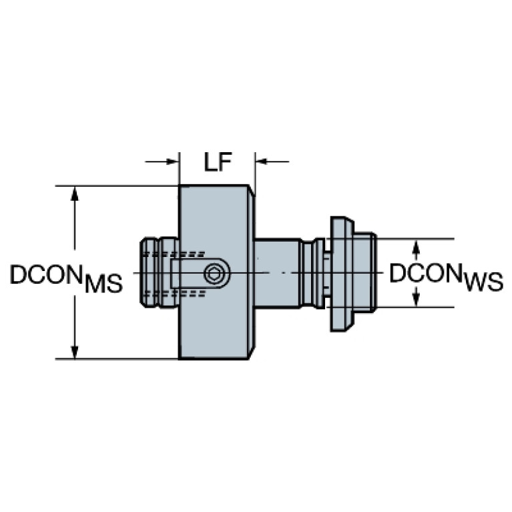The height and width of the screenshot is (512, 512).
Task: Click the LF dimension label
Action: (218, 162)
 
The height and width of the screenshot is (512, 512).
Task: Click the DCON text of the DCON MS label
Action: (45, 274)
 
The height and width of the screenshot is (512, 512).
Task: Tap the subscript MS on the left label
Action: (103, 284)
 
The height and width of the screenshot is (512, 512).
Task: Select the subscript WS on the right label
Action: (484, 282)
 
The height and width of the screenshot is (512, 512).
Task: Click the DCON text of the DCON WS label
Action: (425, 272)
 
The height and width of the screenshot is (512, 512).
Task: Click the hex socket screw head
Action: (213, 274)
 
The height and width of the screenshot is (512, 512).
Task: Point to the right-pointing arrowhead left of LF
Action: (172, 162)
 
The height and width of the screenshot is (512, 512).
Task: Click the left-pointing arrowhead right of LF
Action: (262, 162)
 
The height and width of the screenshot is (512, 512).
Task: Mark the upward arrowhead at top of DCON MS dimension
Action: (75, 193)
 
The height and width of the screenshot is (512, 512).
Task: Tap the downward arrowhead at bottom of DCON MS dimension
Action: (75, 352)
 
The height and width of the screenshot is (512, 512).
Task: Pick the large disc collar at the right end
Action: (342, 274)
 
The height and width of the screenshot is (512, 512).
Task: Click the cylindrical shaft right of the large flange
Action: (278, 273)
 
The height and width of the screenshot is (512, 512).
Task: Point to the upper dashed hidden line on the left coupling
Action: (174, 254)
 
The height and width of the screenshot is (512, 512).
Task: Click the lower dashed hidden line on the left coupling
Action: (174, 294)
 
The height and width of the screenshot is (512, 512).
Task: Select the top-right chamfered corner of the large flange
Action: (252, 191)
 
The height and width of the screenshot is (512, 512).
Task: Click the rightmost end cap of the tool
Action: (365, 272)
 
